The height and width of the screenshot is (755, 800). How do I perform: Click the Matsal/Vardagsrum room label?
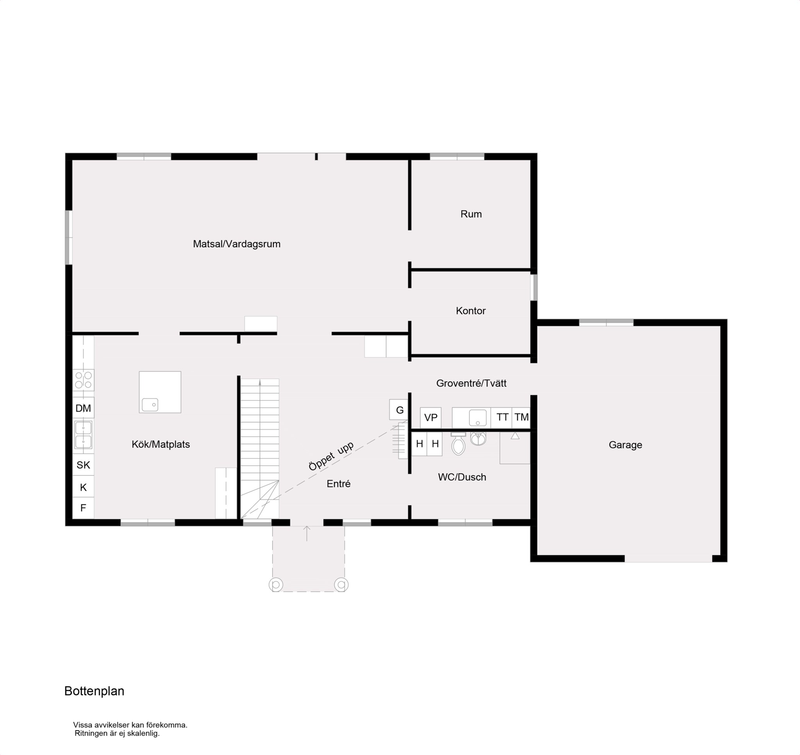tap(236, 244)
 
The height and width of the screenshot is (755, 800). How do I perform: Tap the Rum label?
tap(471, 214)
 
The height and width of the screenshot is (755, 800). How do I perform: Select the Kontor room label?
tap(471, 311)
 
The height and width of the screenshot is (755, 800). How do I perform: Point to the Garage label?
tap(625, 445)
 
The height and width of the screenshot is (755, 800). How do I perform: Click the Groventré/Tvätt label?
tap(471, 383)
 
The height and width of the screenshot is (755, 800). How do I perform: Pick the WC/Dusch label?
tap(462, 477)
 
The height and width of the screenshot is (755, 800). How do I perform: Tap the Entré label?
tap(338, 484)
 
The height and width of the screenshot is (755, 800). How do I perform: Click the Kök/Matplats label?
tap(161, 444)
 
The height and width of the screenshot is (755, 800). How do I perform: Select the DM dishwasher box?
tap(83, 408)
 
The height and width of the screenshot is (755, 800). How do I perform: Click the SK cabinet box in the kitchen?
tap(83, 465)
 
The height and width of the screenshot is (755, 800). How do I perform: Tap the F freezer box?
tap(83, 508)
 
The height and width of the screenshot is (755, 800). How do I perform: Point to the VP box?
tap(431, 418)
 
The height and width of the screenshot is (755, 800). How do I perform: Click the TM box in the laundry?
tap(521, 417)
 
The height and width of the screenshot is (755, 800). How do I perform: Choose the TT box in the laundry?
tap(502, 417)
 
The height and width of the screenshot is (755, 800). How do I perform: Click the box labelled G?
tap(399, 410)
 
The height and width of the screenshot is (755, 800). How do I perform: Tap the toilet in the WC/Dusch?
tap(458, 444)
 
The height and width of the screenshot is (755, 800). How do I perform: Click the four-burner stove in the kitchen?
tap(83, 380)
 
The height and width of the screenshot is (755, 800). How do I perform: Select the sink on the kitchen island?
tap(150, 404)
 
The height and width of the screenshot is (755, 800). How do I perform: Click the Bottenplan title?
tap(94, 691)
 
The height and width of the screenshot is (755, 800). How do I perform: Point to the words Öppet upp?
tap(331, 456)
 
